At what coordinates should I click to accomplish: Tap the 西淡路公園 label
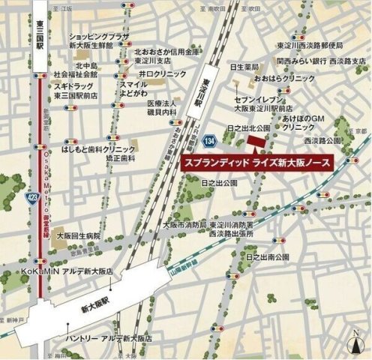pyautogui.click(x=322, y=140)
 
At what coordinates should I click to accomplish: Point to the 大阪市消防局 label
pyautogui.click(x=184, y=225)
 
